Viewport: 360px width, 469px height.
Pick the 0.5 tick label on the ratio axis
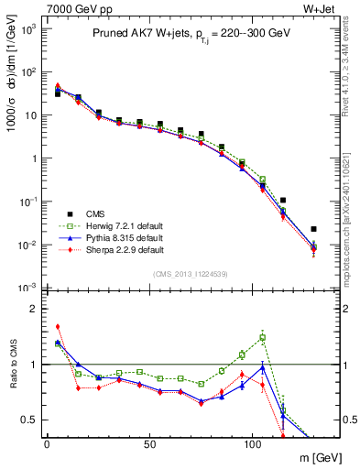[x=29, y=420]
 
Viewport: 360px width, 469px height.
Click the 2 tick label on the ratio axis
[x=34, y=309]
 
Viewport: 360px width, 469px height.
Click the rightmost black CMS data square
[x=313, y=229]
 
